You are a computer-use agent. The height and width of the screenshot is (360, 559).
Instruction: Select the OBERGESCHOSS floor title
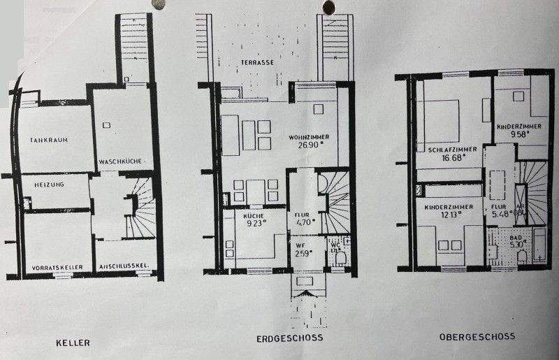477,336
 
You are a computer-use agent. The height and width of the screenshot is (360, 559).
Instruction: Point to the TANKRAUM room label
48,140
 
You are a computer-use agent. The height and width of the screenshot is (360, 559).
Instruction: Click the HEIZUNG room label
48,185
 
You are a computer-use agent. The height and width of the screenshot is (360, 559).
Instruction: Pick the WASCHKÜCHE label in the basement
121,161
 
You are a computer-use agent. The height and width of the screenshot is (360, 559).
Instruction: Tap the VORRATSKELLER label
57,268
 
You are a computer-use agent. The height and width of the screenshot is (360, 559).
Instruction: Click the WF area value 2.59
303,252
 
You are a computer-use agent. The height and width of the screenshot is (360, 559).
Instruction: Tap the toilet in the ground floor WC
340,259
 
